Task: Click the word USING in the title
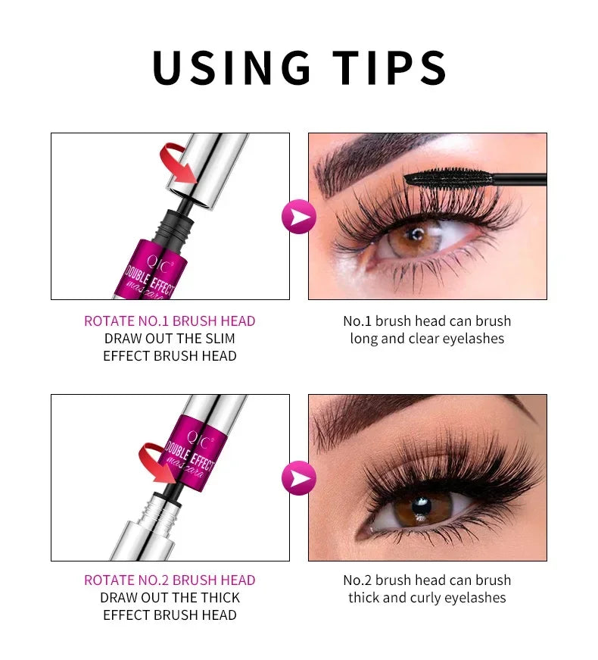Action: tap(231, 67)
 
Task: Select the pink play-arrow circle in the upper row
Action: tap(299, 217)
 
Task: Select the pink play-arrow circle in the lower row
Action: tap(299, 478)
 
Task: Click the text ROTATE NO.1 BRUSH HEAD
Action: tap(170, 321)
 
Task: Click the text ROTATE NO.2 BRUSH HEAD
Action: tap(170, 580)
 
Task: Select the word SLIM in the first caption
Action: tap(220, 338)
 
